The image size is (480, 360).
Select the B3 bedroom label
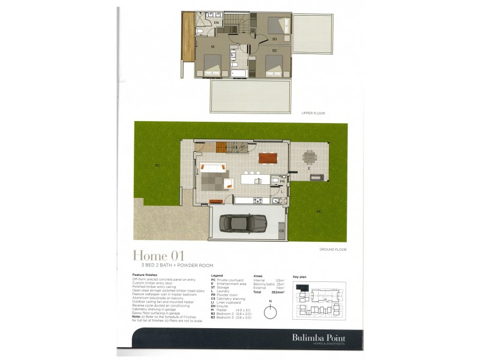click(x=274, y=39)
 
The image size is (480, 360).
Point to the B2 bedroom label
click(x=274, y=50)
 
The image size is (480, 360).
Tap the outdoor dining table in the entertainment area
click(x=309, y=158)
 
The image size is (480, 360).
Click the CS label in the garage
click(x=281, y=230)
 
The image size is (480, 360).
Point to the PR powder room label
click(x=281, y=181)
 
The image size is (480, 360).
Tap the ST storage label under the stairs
click(x=242, y=146)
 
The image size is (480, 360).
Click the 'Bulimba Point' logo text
click(x=328, y=337)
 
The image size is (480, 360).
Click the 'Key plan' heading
click(x=299, y=277)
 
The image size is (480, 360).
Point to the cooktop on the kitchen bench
click(x=258, y=200)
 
